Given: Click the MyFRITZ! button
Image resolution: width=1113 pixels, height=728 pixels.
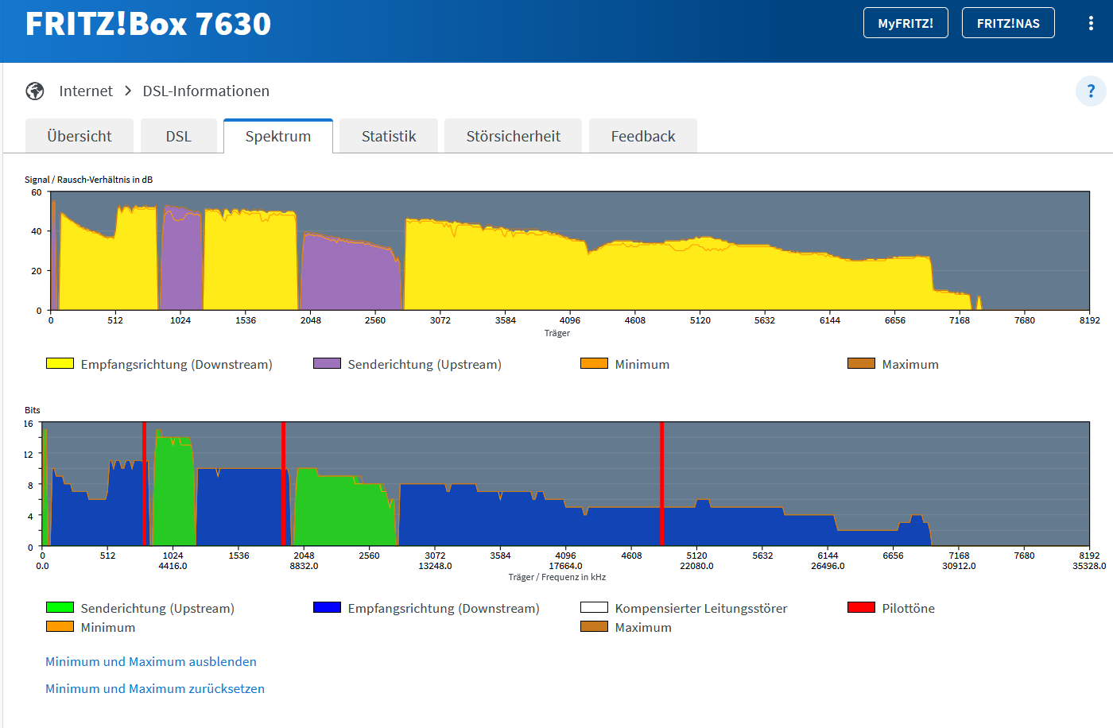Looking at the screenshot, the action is pos(906,23).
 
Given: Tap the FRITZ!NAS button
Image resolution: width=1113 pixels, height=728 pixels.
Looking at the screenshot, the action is pos(1008,23).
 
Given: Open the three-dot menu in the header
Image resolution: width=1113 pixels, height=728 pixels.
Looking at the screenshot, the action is pos(1091,23).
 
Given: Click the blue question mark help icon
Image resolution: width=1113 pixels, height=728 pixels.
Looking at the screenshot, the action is pos(1091,91).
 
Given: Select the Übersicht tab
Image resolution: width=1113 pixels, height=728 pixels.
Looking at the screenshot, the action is pos(79,136).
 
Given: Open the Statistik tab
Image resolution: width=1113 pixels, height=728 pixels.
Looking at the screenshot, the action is pos(389,136).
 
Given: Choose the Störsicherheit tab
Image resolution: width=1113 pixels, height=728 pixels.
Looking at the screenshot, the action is pos(514,136).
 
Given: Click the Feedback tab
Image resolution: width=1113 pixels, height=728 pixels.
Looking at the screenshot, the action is pos(643,136).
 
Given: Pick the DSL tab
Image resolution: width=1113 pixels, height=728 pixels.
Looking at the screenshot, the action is pos(179,136).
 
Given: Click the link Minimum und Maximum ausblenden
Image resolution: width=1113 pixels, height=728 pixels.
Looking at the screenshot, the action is pos(151,661).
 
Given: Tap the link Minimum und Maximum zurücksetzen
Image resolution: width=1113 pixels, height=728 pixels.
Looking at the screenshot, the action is pos(155,689).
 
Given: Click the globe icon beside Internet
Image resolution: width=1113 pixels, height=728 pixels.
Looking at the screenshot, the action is pos(35,91).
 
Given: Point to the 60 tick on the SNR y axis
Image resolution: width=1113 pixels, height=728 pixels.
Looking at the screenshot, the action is pos(37,192).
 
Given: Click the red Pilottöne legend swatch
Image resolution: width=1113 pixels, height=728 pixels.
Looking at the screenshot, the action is pos(861,607).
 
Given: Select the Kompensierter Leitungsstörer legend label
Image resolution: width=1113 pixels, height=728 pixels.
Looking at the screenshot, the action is pos(700,608).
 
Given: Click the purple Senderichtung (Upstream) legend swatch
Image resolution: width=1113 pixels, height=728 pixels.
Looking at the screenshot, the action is pos(327,363).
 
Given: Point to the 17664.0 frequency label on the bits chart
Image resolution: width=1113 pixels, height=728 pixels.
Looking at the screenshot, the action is pos(565,566).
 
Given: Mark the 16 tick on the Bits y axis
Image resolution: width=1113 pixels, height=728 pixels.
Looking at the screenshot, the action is pos(29,424).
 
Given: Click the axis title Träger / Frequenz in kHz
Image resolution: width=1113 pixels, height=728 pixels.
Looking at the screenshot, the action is pos(557,577).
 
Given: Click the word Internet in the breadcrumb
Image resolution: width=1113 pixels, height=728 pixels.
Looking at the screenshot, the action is pos(86,91).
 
